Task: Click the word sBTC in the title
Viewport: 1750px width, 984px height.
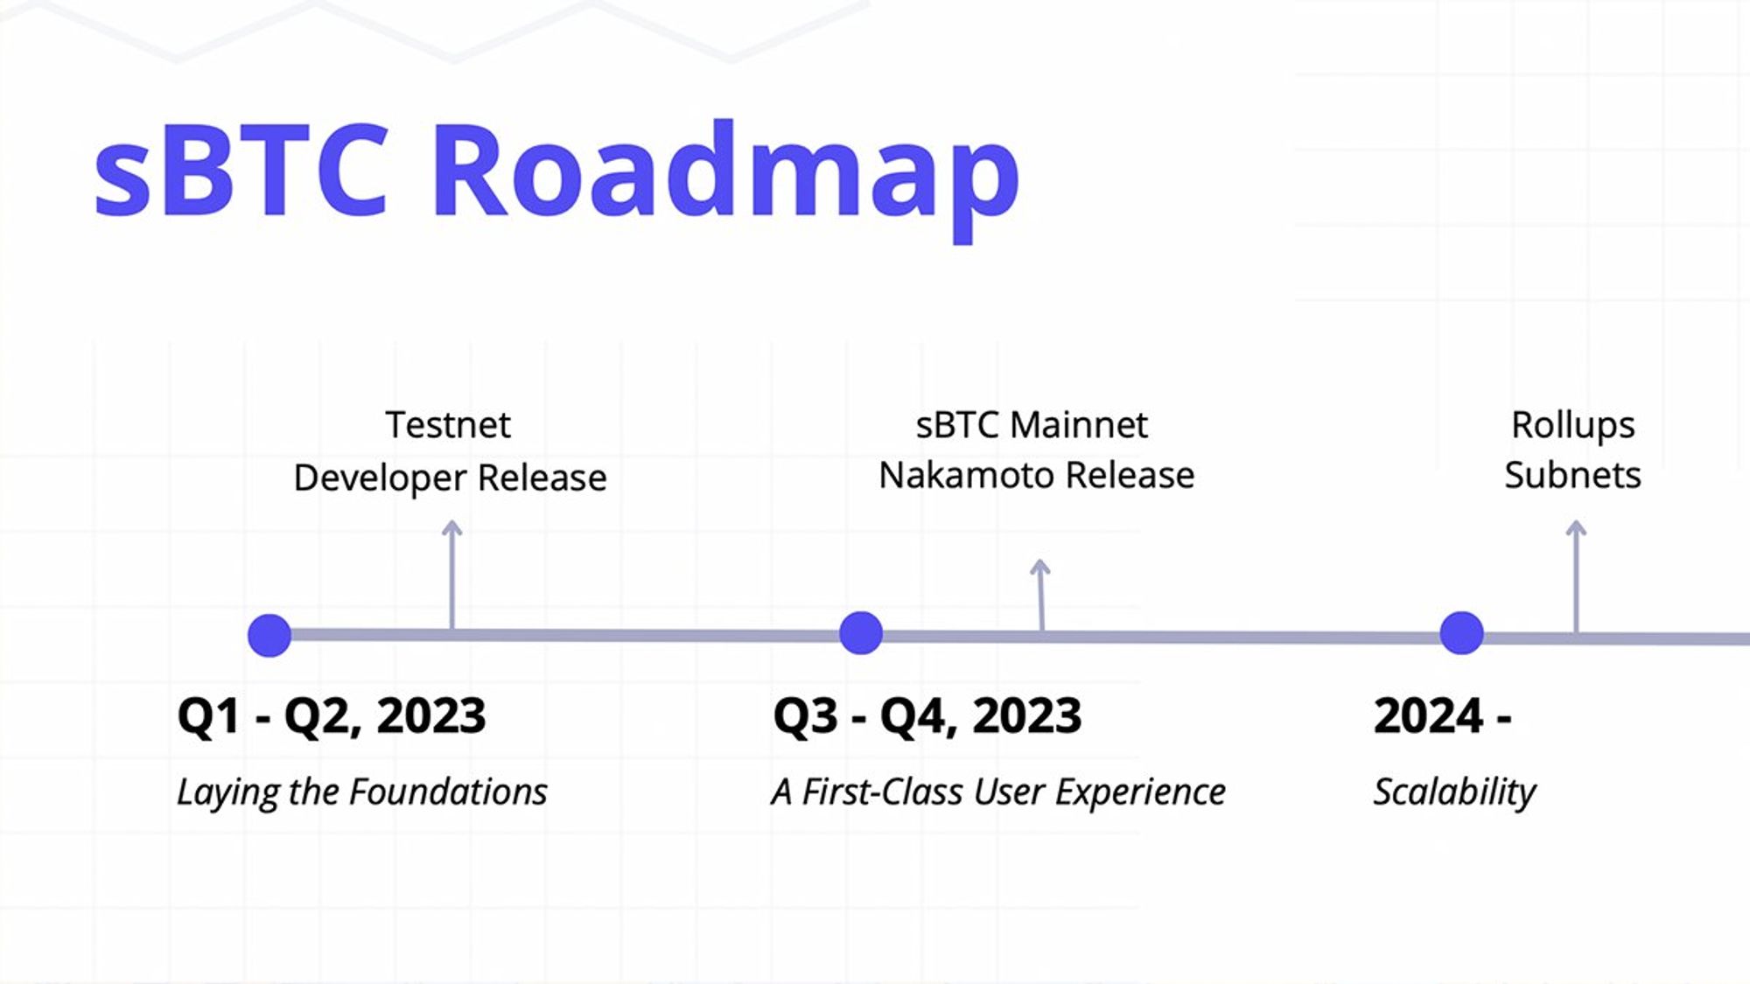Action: coord(241,170)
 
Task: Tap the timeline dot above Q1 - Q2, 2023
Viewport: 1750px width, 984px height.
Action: coord(269,635)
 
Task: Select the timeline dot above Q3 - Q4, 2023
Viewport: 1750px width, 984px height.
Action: coord(861,632)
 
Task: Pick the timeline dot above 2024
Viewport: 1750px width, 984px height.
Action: coord(1461,632)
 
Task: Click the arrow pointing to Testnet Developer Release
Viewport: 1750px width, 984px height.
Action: coord(451,575)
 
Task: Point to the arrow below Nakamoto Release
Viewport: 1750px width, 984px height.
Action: coord(1040,595)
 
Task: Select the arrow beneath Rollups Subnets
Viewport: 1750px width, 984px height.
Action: coord(1576,576)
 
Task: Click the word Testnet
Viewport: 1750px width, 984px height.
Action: coord(448,425)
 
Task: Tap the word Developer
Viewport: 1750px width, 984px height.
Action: coord(380,478)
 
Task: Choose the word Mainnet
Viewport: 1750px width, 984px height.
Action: coord(1078,425)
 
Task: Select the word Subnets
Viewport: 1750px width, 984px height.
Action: coord(1572,476)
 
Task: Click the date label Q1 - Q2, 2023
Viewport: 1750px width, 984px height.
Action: coord(332,716)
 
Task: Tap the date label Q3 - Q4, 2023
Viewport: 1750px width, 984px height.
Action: coord(927,716)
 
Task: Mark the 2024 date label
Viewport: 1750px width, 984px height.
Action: coord(1443,715)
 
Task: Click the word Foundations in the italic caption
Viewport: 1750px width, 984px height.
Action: coord(448,792)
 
